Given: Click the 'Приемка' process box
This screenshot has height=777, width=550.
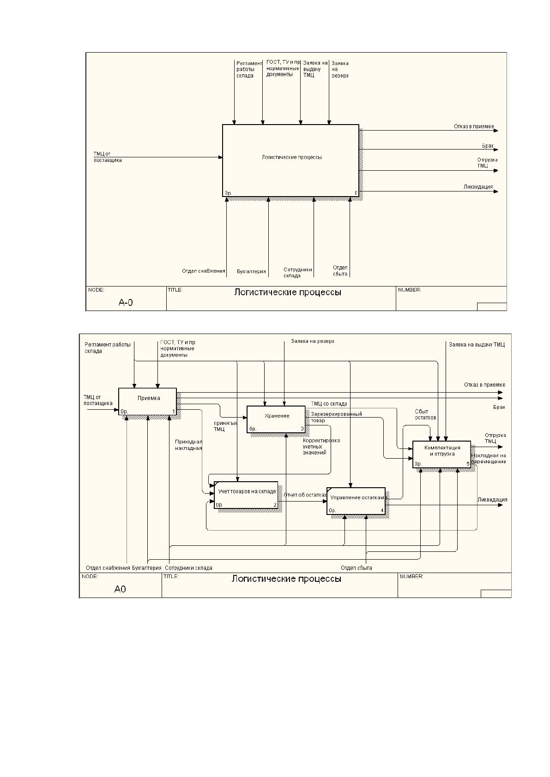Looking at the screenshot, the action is pyautogui.click(x=148, y=401).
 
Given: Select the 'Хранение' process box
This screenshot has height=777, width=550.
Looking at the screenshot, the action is pyautogui.click(x=276, y=419).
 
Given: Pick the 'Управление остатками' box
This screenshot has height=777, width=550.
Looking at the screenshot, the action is pyautogui.click(x=356, y=501).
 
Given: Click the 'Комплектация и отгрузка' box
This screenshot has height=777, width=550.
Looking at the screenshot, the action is pyautogui.click(x=441, y=454).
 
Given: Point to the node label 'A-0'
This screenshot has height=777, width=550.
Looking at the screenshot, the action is pyautogui.click(x=126, y=303).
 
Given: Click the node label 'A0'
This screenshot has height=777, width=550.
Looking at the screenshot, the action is pyautogui.click(x=120, y=589).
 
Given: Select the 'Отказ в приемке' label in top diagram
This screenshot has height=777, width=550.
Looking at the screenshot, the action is pyautogui.click(x=474, y=126).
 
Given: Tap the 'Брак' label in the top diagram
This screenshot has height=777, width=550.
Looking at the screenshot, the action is pyautogui.click(x=488, y=146).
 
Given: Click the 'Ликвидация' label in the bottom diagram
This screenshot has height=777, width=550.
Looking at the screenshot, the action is pyautogui.click(x=492, y=500).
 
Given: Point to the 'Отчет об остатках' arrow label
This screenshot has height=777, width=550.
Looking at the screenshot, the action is pyautogui.click(x=305, y=495).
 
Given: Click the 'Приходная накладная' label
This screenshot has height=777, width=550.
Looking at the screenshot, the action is pyautogui.click(x=188, y=445).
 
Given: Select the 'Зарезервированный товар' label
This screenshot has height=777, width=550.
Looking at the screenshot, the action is pyautogui.click(x=336, y=417).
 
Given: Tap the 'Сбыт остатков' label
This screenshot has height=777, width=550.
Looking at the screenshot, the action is pyautogui.click(x=425, y=414).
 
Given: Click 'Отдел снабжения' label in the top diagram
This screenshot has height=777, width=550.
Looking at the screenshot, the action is pyautogui.click(x=204, y=271).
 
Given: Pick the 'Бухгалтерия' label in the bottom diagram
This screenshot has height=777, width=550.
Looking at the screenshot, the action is pyautogui.click(x=146, y=568).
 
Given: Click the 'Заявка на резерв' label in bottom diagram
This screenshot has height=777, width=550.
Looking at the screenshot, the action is pyautogui.click(x=313, y=341).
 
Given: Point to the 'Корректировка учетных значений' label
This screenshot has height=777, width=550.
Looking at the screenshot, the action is pyautogui.click(x=321, y=447).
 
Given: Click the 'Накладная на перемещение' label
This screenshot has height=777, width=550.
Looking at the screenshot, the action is pyautogui.click(x=489, y=459).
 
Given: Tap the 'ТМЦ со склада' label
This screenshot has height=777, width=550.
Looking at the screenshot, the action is pyautogui.click(x=329, y=404).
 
